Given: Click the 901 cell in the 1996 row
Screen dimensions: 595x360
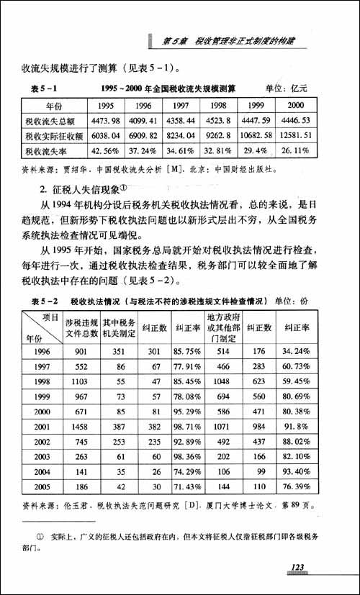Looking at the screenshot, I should tap(81, 351).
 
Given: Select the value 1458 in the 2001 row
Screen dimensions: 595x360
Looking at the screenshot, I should tap(81, 426).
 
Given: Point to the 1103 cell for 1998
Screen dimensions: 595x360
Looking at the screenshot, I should tap(81, 381).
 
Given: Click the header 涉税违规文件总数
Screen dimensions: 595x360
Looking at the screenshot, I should tap(81, 327).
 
